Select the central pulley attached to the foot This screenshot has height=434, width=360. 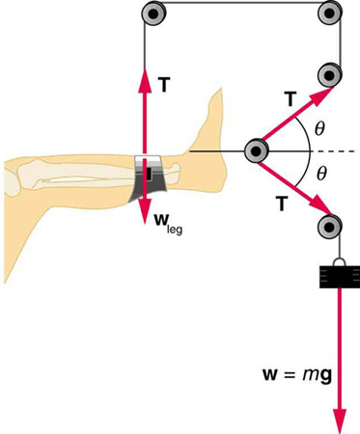coord(257,150)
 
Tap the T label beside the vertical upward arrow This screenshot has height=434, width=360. coord(165,84)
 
